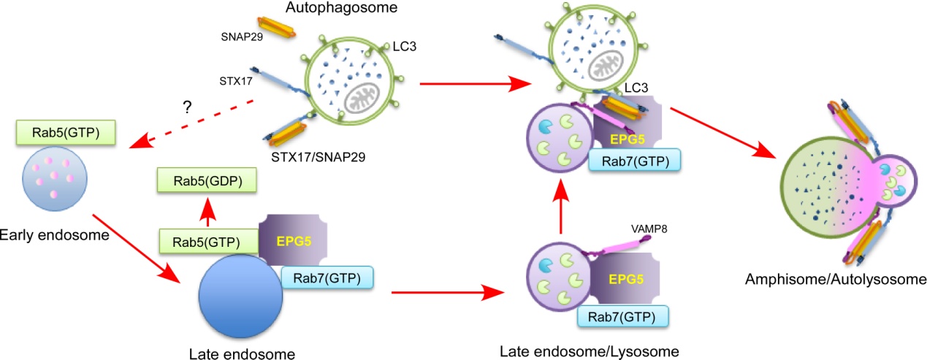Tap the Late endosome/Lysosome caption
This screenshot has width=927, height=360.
590,352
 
